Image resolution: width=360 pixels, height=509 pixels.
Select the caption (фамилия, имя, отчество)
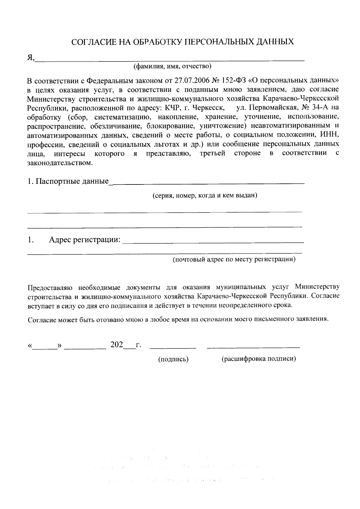tap(172, 66)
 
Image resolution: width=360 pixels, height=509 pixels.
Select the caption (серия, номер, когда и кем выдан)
tap(205, 196)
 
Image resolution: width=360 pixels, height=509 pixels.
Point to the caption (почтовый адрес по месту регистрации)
tap(234, 259)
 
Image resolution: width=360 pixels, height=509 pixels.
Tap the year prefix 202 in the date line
tap(117, 345)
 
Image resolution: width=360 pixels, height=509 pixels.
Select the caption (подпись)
tap(173, 359)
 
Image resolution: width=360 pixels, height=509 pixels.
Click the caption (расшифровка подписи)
tap(259, 359)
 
